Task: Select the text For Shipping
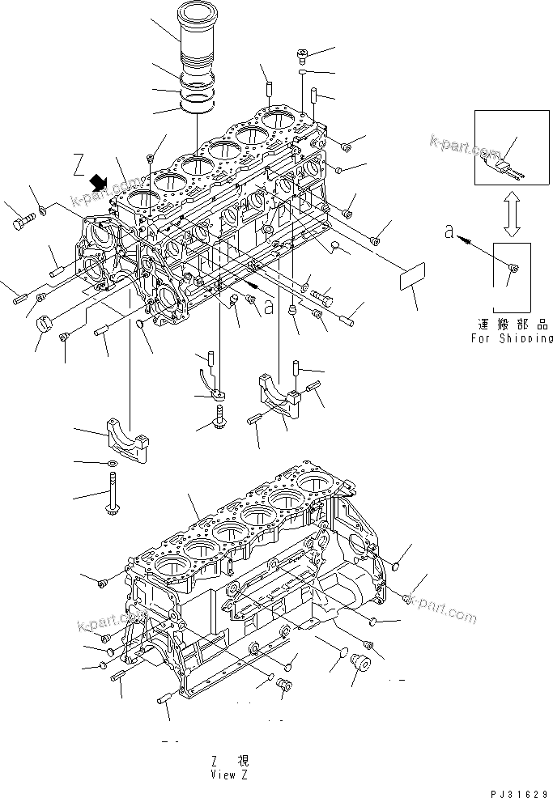tap(512, 338)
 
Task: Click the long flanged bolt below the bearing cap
tap(111, 496)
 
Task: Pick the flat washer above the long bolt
tap(111, 463)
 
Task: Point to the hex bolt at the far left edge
tap(21, 218)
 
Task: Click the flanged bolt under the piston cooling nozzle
tap(219, 419)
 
